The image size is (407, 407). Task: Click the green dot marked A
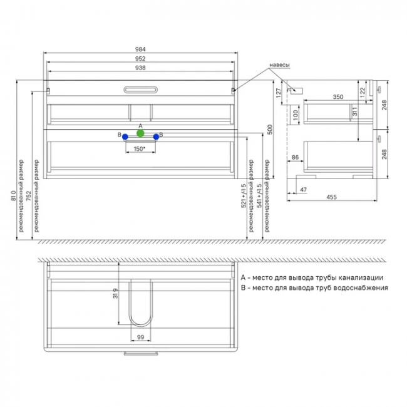coord(140,133)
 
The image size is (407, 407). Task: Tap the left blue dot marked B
coord(125,137)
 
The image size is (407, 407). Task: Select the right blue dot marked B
coord(156,137)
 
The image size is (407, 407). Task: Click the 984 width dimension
coord(140,49)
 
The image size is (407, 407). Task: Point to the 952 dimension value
coord(140,59)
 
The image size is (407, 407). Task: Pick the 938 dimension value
coord(140,68)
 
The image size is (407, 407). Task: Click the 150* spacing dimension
coord(140,149)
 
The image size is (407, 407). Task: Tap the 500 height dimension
coord(270,130)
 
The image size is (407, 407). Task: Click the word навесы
coord(279,65)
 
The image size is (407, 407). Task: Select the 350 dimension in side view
coord(338,97)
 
